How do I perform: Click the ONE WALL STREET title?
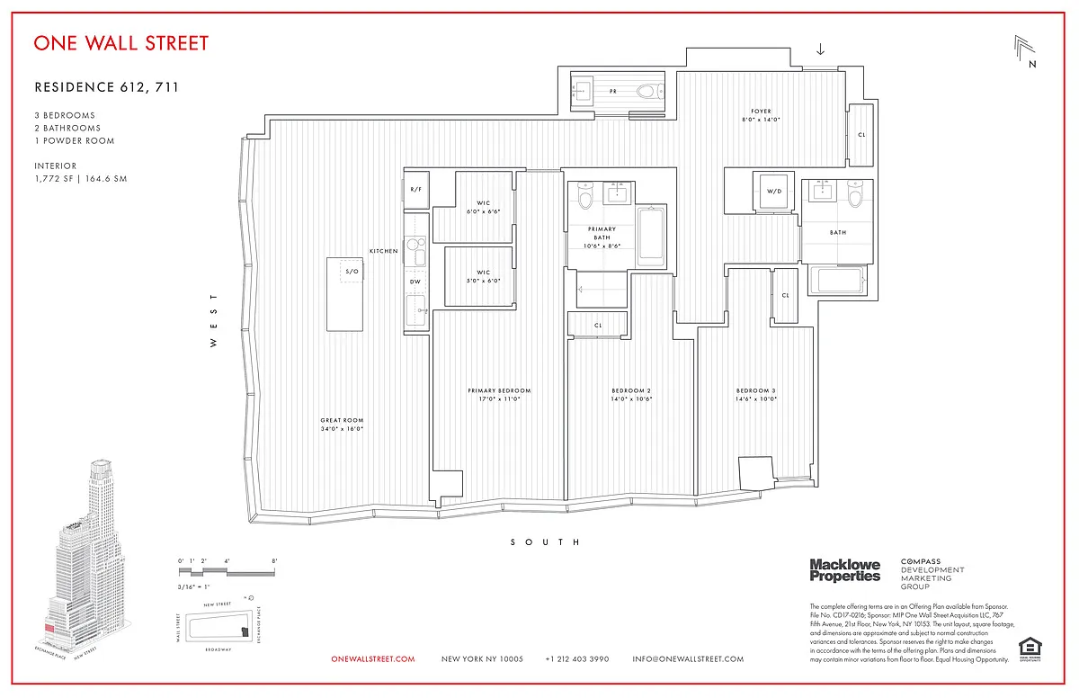tap(120, 42)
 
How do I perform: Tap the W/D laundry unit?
tap(774, 192)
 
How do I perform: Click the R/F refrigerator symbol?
tap(415, 190)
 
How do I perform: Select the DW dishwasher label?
tap(415, 282)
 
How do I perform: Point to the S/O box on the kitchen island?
tap(352, 272)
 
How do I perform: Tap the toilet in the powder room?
tap(646, 90)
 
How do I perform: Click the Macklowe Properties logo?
tap(844, 569)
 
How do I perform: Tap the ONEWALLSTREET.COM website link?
tap(373, 659)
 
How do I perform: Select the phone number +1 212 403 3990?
tap(576, 659)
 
